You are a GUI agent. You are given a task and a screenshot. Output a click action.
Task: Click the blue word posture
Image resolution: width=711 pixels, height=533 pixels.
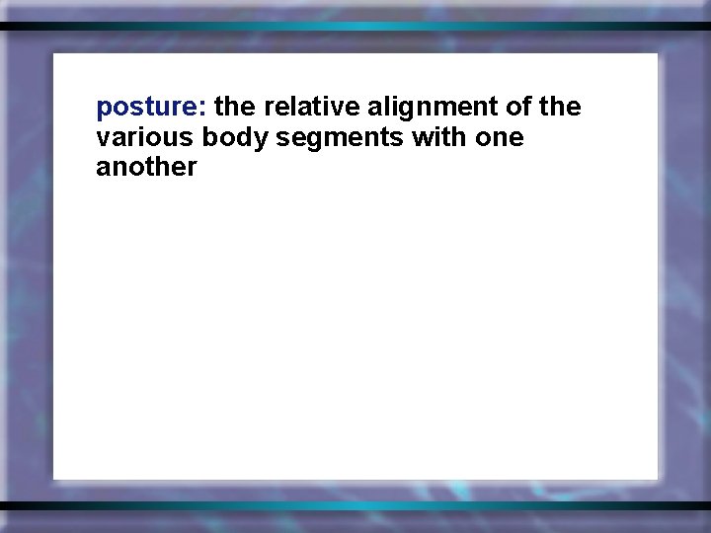pos(147,107)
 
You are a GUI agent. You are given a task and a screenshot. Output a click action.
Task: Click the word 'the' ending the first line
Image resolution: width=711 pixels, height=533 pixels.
pos(560,106)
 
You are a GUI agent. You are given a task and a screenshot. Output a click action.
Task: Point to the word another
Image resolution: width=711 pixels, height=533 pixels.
pos(146,167)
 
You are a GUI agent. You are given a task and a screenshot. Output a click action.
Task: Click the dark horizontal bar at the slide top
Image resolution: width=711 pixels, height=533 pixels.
pos(355,27)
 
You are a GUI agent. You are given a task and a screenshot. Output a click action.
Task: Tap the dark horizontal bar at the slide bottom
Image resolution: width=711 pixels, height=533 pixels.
pos(355,505)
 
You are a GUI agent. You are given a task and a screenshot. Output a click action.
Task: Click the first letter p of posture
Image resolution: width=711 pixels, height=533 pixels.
pos(103,108)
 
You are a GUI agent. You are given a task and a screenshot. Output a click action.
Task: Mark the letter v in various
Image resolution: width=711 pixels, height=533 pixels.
pos(102,138)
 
